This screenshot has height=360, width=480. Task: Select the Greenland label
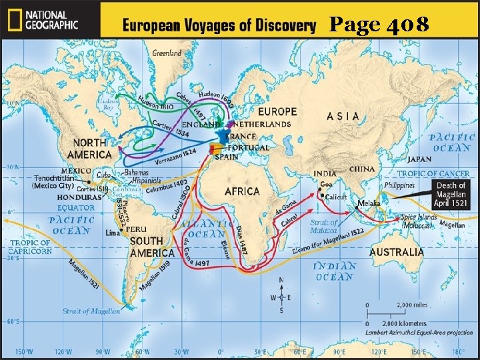[166, 53]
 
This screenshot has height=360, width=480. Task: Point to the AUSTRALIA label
[396, 252]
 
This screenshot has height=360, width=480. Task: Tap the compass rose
[280, 296]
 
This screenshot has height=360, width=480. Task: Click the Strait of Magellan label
[92, 311]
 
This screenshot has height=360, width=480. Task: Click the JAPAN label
[419, 159]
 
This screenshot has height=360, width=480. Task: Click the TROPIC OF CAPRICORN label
[30, 247]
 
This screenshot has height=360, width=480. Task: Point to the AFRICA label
[242, 191]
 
